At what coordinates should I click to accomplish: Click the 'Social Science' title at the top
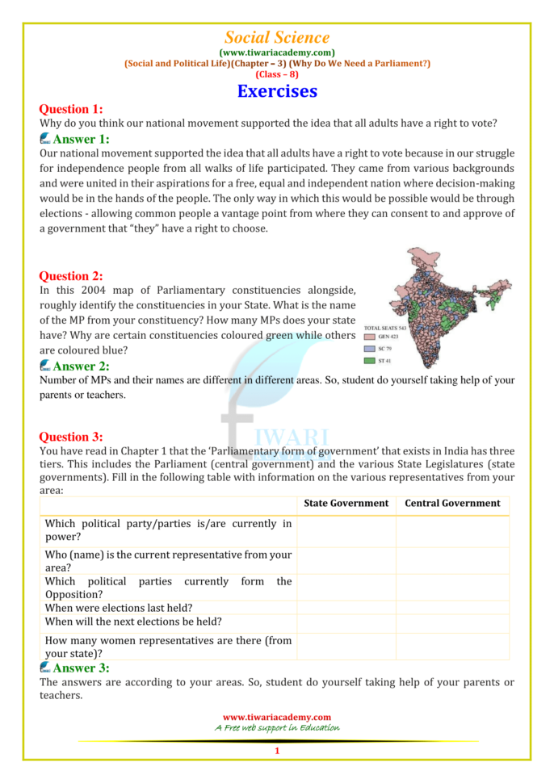coord(277,37)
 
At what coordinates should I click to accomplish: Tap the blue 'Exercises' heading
coord(277,91)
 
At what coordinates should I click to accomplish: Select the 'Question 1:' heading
coord(71,110)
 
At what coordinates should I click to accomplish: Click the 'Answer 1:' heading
coord(80,139)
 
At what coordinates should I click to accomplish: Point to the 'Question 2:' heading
coord(71,276)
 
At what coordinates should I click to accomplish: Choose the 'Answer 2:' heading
coord(80,366)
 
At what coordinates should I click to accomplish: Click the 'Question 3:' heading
coord(71,437)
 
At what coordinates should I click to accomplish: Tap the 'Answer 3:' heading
coord(80,668)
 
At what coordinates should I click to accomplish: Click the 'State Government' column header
coord(346,503)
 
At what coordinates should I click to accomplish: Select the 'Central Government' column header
coord(452,503)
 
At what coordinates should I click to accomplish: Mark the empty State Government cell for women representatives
coord(346,647)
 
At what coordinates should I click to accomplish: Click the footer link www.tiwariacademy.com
coord(277,717)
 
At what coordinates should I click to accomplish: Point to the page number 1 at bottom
coord(277,751)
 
